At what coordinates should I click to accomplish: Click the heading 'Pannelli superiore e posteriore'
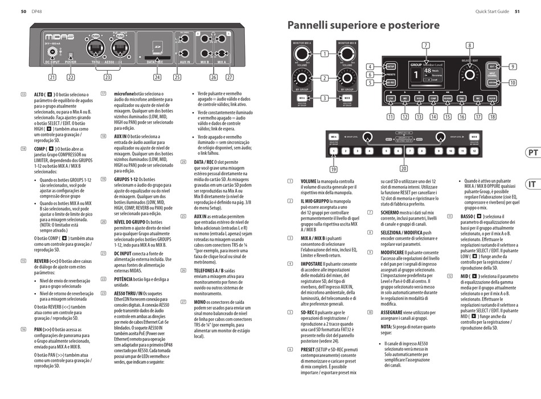[x=363, y=26]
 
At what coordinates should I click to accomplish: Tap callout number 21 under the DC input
[x=52, y=77]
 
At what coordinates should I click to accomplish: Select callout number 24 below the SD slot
[x=157, y=77]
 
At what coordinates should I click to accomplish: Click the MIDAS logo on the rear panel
[x=59, y=36]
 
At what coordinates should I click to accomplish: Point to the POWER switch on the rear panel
[x=71, y=56]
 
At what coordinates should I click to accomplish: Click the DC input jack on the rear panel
[x=52, y=51]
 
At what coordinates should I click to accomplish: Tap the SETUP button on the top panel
[x=391, y=66]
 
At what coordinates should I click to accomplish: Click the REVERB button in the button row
[x=448, y=98]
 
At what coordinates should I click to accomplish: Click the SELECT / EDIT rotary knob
[x=469, y=75]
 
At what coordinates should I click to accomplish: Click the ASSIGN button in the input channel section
[x=492, y=82]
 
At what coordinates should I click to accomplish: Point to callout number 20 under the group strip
[x=403, y=168]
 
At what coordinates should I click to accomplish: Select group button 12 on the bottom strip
[x=476, y=151]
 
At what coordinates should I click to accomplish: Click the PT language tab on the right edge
[x=532, y=153]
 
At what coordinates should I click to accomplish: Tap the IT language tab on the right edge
[x=532, y=184]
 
